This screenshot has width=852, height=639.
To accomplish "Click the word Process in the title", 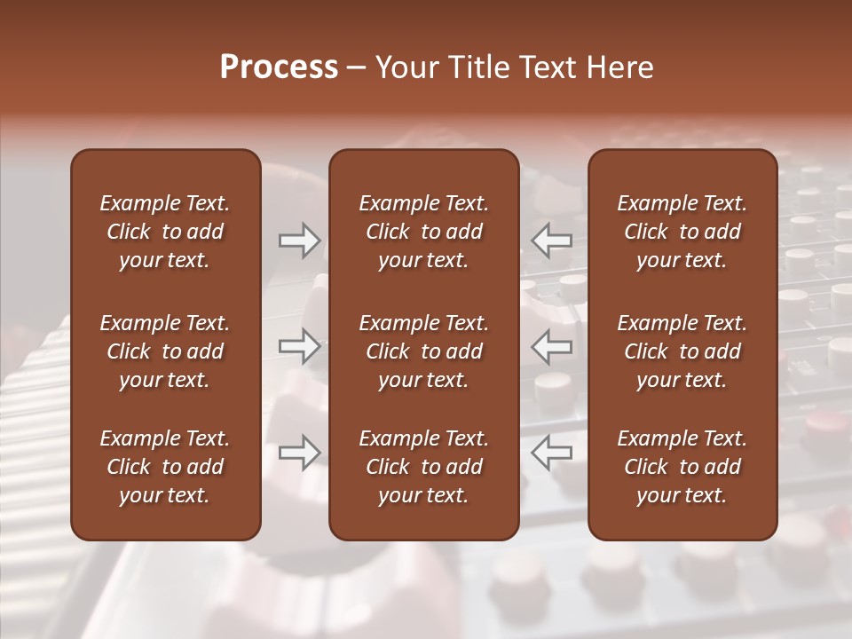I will coord(279,67).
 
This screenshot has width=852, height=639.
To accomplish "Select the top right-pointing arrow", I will coord(300,241).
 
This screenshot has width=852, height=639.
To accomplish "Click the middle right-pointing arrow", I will coord(300,346).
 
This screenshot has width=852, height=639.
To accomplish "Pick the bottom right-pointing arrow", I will coord(300,453).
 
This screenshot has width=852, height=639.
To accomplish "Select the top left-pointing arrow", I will coord(551,241).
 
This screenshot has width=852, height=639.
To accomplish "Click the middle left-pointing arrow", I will coord(551,346).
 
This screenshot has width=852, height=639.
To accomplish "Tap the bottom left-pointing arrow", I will coord(551,453).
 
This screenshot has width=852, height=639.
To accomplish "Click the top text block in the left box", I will coord(165,232).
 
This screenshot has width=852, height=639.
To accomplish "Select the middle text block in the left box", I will coord(165,351).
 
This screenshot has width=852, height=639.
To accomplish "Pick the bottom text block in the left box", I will coord(165,467).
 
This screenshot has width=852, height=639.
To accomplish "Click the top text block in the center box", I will coord(424,232).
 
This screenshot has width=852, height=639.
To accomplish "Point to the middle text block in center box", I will coord(424,351).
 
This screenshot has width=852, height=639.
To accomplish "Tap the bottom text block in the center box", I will coord(424,467).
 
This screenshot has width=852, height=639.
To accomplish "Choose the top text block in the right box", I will coord(682,232).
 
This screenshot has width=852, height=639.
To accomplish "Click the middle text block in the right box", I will coord(682,351).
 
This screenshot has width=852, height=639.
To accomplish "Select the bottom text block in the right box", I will coord(682,467).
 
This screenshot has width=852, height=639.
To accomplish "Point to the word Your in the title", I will coord(404,67).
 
